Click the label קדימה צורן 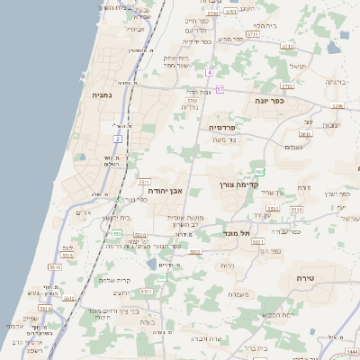[x=264, y=184]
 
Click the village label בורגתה [x=335, y=82]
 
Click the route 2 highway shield [x=117, y=139]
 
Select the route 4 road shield [x=209, y=71]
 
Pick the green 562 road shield [x=259, y=170]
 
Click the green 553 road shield [x=116, y=234]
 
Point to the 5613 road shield [x=306, y=134]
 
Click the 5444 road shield [x=351, y=350]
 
